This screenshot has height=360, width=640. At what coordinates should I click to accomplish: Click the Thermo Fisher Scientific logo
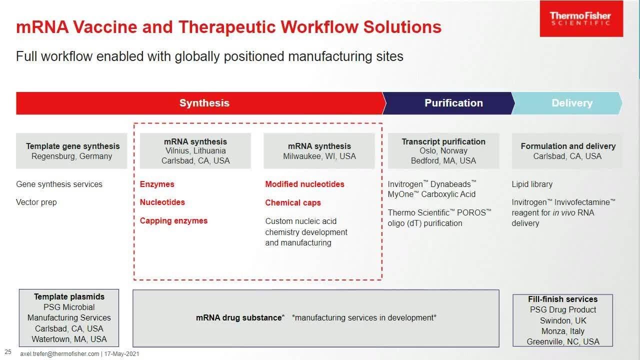click(581, 19)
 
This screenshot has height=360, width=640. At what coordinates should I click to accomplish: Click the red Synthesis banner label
click(204, 103)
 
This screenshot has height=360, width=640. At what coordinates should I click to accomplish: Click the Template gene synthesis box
click(72, 151)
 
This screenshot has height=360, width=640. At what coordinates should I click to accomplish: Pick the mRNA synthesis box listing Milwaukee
click(319, 151)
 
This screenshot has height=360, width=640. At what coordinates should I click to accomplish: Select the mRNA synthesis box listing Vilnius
click(195, 151)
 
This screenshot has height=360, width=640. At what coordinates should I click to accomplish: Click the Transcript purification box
click(443, 151)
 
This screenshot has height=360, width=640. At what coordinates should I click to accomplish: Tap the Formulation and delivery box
click(567, 151)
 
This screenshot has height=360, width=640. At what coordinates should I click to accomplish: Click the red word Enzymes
click(157, 184)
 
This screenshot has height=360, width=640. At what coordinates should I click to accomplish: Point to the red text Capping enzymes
click(173, 220)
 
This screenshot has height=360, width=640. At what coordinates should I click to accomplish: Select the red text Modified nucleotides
click(304, 184)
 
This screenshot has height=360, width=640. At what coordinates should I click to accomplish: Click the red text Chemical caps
click(293, 202)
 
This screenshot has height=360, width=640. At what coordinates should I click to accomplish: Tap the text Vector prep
click(36, 202)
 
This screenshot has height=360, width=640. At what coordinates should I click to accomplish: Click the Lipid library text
click(532, 184)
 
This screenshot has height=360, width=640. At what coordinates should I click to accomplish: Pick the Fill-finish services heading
click(562, 299)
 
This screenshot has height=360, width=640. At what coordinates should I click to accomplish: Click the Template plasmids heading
click(69, 296)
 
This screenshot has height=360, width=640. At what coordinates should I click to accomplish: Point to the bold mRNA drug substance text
click(239, 317)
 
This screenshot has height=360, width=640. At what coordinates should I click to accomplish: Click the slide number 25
click(8, 352)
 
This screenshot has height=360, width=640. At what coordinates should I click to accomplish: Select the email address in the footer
click(59, 354)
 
